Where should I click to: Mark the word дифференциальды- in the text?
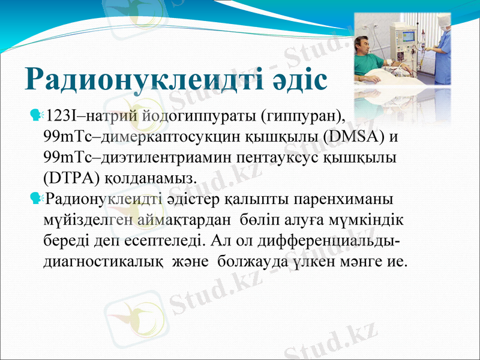click(x=333, y=240)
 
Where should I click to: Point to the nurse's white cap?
click(x=445, y=20)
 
